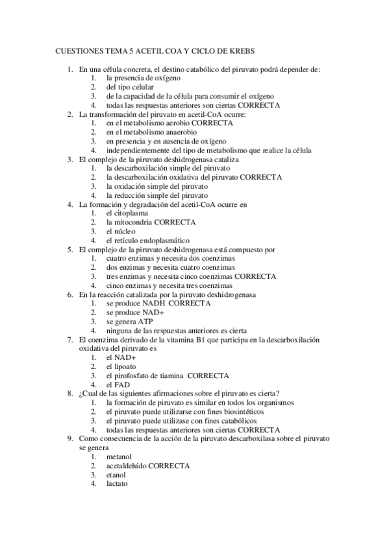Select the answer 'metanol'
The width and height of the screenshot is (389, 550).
pyautogui.click(x=120, y=456)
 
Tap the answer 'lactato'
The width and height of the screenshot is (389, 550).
pyautogui.click(x=118, y=483)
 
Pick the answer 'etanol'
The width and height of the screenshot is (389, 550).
pyautogui.click(x=118, y=474)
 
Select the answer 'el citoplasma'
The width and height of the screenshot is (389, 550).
pyautogui.click(x=127, y=212)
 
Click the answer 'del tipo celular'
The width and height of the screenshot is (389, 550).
pyautogui.click(x=131, y=86)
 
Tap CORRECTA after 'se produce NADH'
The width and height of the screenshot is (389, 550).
pyautogui.click(x=189, y=302)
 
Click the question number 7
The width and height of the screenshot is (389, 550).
pyautogui.click(x=70, y=339)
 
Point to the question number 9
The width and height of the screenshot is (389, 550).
pyautogui.click(x=70, y=438)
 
